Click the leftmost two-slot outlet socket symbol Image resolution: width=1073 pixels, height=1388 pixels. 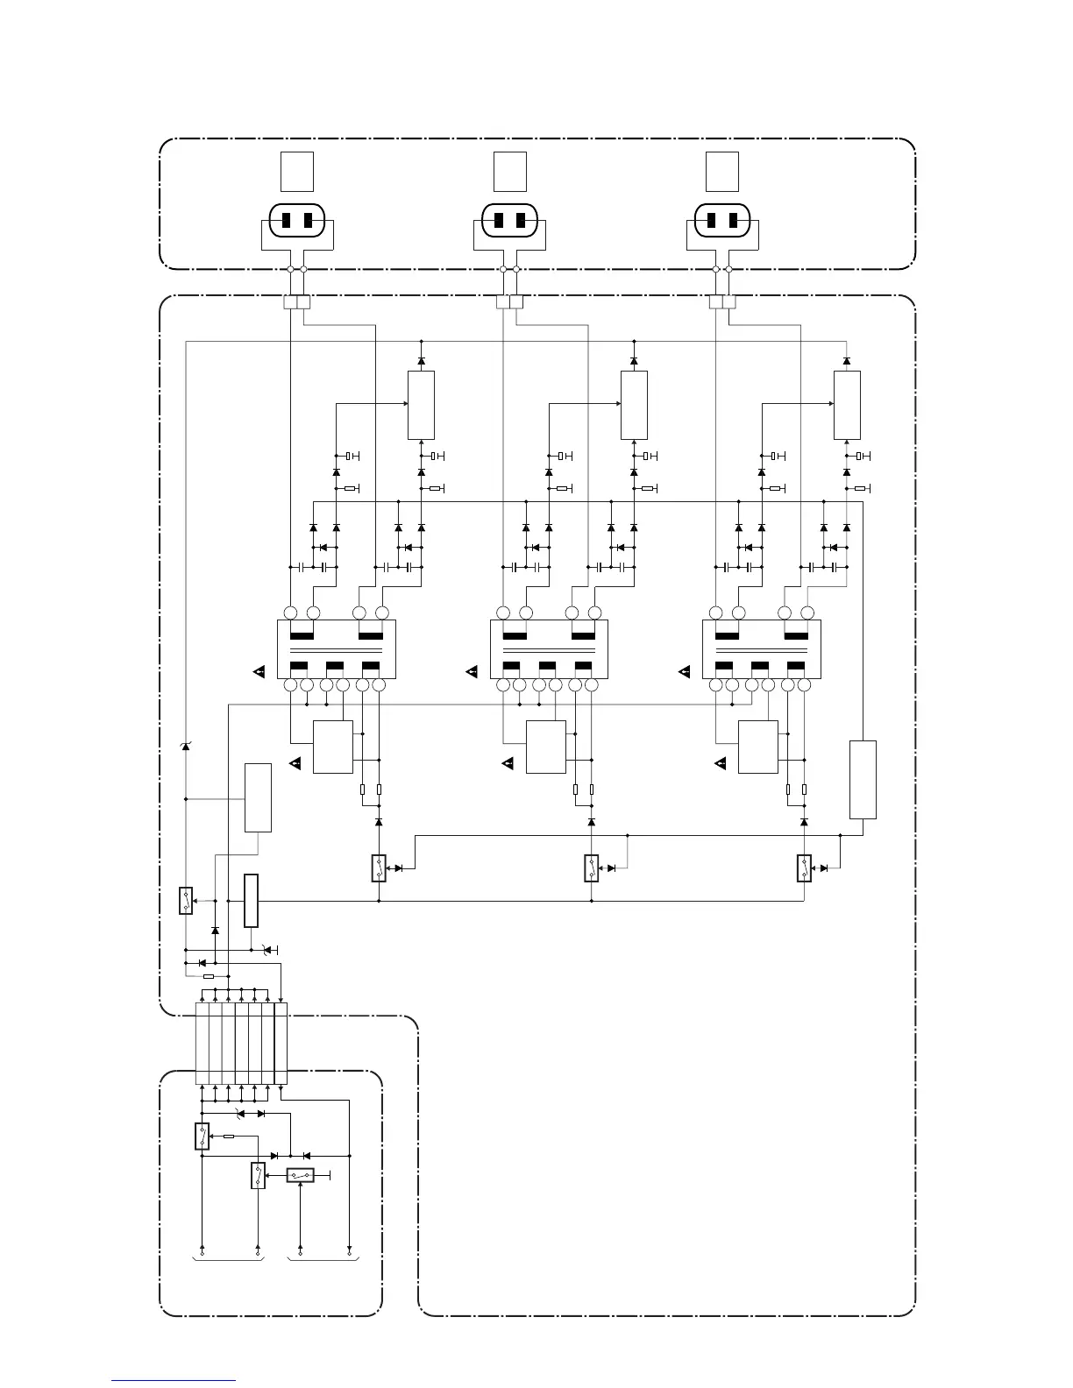[x=297, y=220]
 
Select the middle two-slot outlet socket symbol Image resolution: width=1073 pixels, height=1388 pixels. [x=509, y=220]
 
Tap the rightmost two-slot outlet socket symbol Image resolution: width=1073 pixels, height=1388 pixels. [x=722, y=220]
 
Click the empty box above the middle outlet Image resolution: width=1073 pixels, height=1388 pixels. [x=510, y=171]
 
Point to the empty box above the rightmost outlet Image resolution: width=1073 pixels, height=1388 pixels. [x=722, y=171]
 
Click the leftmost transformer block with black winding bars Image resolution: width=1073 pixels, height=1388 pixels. [x=337, y=648]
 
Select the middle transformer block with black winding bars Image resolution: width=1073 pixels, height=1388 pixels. [x=549, y=648]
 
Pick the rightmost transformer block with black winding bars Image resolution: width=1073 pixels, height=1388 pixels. [x=761, y=648]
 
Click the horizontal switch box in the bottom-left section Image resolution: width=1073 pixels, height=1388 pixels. [x=301, y=1175]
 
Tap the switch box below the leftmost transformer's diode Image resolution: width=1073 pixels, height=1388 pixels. [x=379, y=867]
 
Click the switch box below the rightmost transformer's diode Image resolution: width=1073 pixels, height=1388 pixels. [x=805, y=867]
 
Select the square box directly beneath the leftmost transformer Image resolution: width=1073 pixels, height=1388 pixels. [x=333, y=747]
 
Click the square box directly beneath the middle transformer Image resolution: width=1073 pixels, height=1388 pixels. [x=546, y=747]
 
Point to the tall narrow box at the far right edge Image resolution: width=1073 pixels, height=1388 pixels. [x=863, y=779]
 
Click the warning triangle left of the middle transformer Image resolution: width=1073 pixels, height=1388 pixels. [x=473, y=672]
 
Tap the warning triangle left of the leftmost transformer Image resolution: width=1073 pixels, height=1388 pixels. [x=259, y=672]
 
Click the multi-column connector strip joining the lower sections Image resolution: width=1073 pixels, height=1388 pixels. [x=241, y=1044]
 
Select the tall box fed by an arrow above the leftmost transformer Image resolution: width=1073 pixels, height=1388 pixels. [x=421, y=405]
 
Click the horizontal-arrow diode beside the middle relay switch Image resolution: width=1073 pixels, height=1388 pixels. [x=612, y=867]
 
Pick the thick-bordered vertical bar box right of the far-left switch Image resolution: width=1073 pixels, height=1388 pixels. [x=252, y=900]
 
